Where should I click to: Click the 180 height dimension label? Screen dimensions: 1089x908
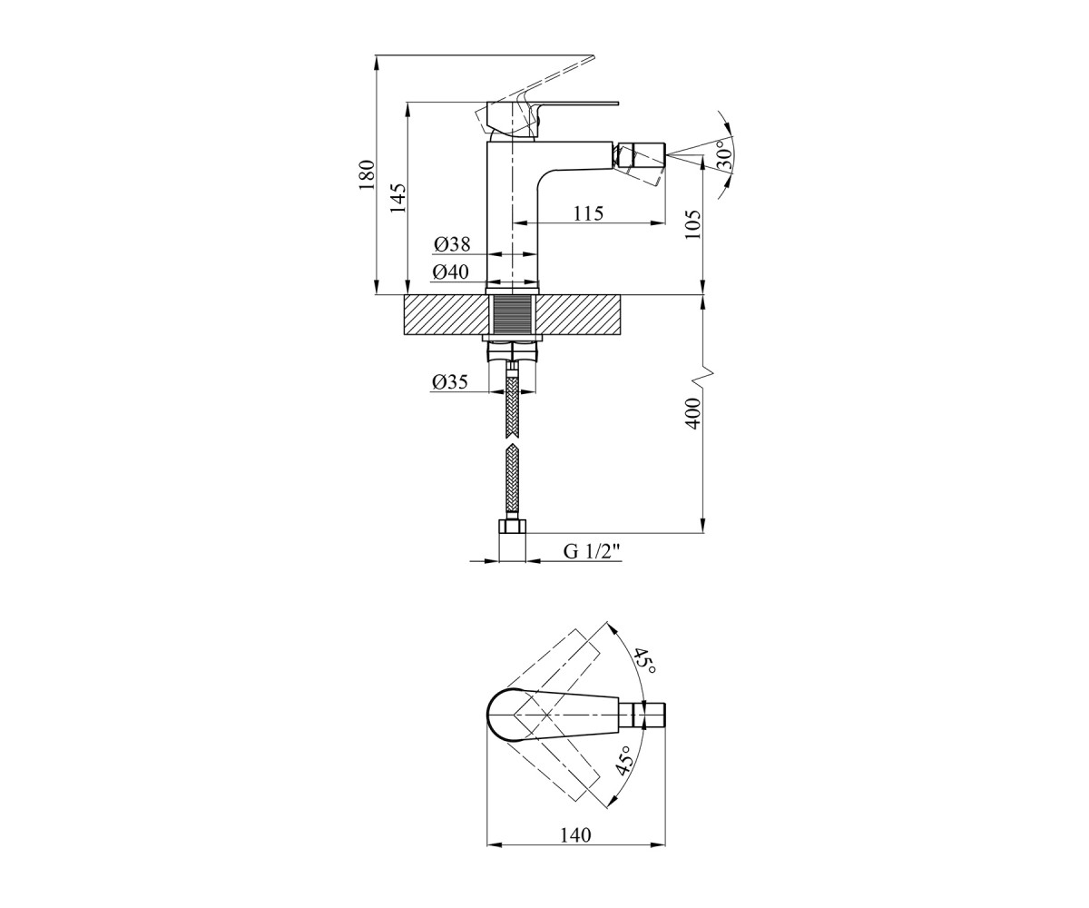click(x=368, y=175)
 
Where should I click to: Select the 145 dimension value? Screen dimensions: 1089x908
click(x=397, y=198)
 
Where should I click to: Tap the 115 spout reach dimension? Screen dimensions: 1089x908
click(x=589, y=213)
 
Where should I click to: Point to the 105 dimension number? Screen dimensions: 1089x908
click(x=693, y=224)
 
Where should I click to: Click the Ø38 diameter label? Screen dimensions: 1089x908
click(x=452, y=243)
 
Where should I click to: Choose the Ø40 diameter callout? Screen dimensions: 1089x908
click(x=451, y=271)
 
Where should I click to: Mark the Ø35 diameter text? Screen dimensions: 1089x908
click(x=449, y=382)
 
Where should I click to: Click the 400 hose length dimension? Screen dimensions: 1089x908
click(x=693, y=413)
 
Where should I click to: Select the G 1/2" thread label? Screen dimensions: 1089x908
click(x=593, y=551)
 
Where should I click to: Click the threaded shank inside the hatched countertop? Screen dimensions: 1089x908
click(x=514, y=315)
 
